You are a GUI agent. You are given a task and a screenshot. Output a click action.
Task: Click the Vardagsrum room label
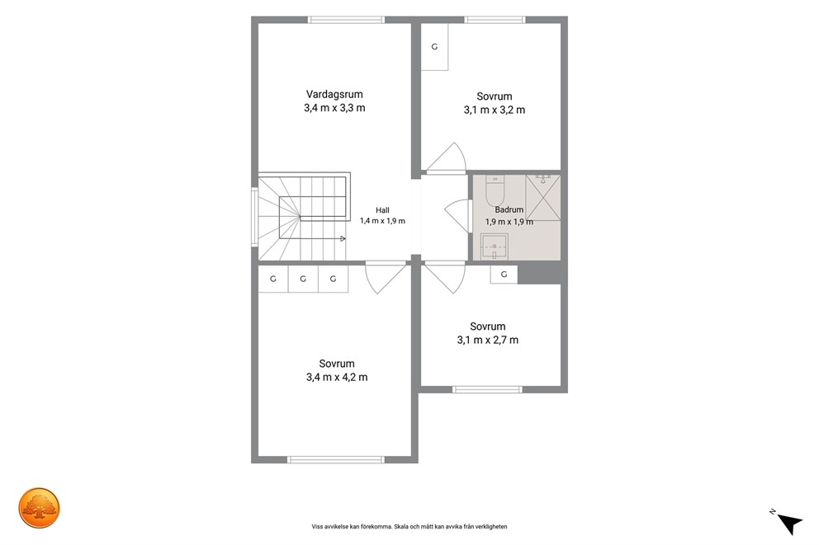click(334, 94)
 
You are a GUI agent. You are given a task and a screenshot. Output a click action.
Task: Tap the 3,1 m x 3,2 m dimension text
click(494, 110)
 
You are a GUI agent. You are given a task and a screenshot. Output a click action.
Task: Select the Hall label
click(382, 210)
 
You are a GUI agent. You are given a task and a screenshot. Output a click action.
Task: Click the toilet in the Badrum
click(495, 190)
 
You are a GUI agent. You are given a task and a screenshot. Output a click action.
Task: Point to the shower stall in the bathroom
click(542, 198)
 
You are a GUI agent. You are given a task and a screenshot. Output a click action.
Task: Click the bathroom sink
click(494, 247)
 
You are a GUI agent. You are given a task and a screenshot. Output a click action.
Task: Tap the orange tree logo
click(39, 508)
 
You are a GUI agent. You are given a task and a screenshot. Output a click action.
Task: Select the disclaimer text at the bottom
click(409, 527)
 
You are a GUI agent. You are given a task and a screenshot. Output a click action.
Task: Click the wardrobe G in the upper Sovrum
click(434, 47)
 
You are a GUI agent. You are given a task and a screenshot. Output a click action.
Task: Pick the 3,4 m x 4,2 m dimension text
click(337, 377)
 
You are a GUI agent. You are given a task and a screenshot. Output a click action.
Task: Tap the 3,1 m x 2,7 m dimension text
click(488, 340)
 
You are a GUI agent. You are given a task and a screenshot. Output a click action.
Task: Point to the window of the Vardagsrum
click(346, 20)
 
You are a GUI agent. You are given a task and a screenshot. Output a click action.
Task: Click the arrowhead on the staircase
click(343, 239)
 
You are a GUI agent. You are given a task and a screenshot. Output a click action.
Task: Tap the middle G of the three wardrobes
click(303, 279)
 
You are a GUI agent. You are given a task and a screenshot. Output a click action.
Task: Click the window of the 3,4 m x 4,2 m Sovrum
click(336, 459)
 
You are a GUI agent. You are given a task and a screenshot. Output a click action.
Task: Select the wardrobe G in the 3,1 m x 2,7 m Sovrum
click(504, 275)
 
